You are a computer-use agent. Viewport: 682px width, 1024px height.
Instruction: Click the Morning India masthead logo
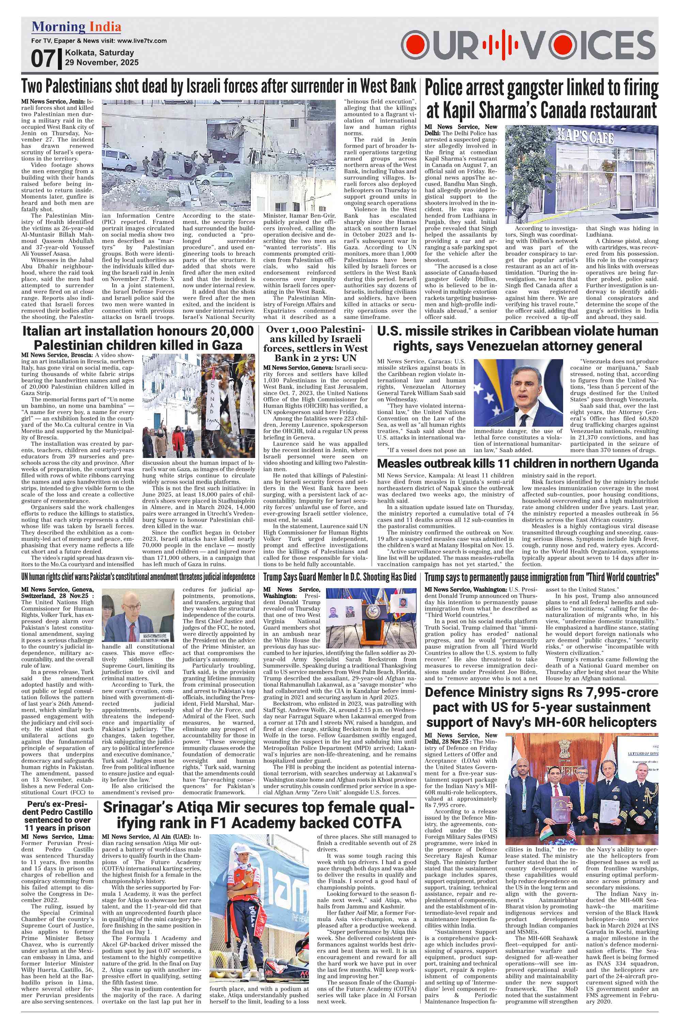[76, 27]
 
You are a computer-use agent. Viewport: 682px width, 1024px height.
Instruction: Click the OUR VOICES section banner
[528, 45]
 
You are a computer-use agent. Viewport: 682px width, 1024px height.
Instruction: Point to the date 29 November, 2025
[102, 63]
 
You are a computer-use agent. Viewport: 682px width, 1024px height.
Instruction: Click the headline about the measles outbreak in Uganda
[517, 463]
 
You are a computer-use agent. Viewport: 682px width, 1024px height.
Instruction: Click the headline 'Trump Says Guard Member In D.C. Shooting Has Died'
[339, 577]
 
